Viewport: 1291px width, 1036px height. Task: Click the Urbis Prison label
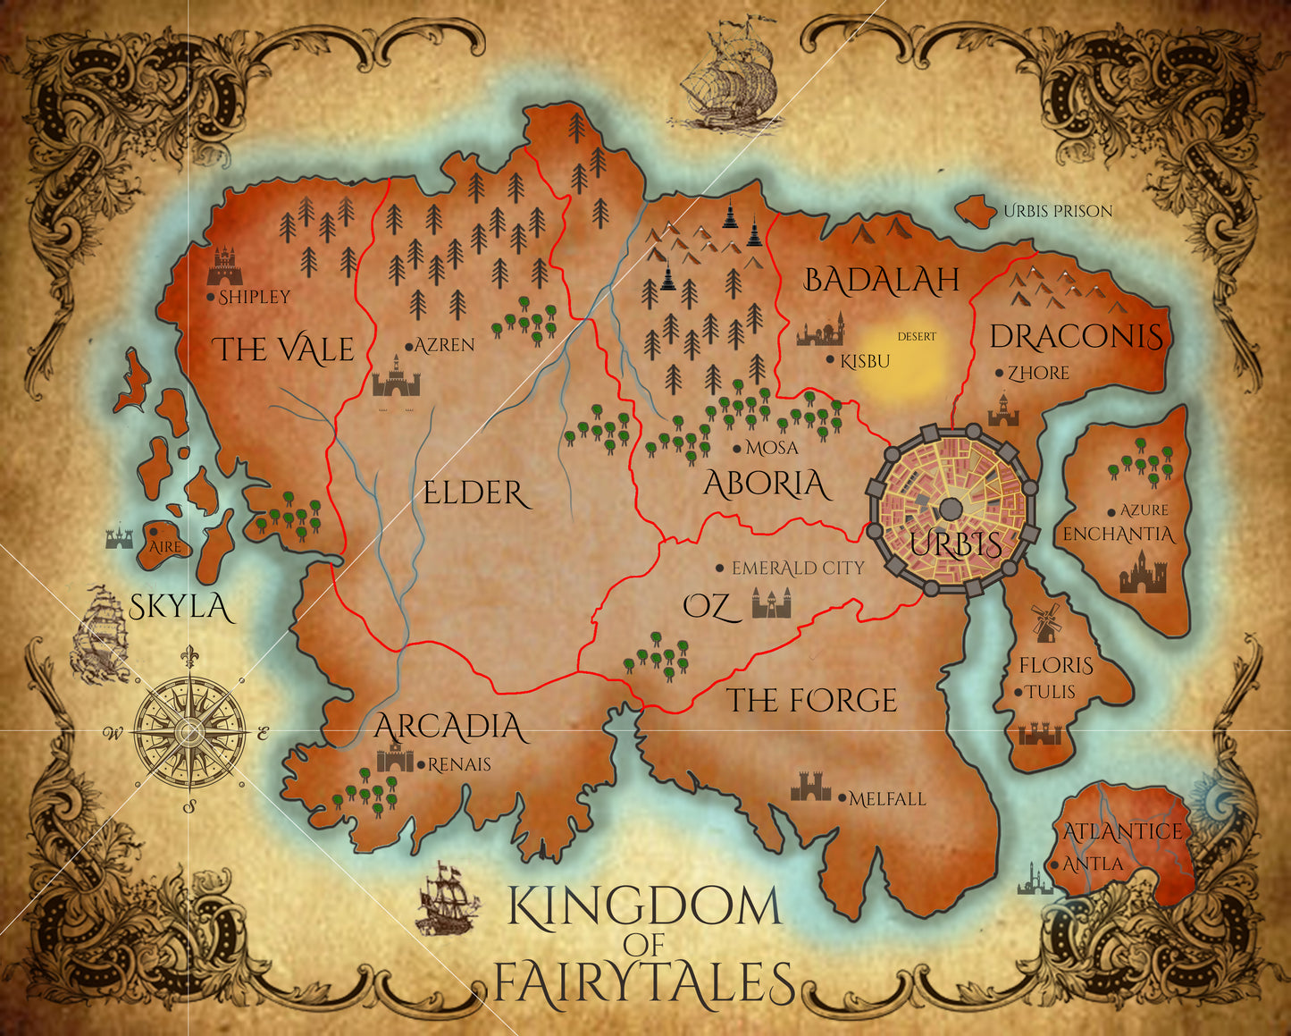(x=1058, y=212)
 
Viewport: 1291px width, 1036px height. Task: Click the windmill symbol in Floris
(x=1044, y=621)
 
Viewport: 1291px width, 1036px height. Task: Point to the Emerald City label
(x=797, y=568)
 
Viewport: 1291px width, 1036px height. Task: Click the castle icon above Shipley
(x=224, y=266)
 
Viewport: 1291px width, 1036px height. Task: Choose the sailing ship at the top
(x=728, y=75)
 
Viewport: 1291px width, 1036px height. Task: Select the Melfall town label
(x=886, y=799)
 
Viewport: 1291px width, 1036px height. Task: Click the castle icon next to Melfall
(x=810, y=787)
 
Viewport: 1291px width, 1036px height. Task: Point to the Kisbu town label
(x=864, y=362)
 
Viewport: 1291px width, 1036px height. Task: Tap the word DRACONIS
(x=1077, y=337)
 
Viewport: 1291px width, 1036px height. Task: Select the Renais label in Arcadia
(x=459, y=764)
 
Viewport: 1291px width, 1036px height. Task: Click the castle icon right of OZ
(x=771, y=604)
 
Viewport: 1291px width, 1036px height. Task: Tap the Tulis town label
(x=1050, y=692)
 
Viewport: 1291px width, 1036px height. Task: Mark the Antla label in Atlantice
(x=1092, y=864)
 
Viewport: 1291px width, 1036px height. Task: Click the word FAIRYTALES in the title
(x=643, y=982)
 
